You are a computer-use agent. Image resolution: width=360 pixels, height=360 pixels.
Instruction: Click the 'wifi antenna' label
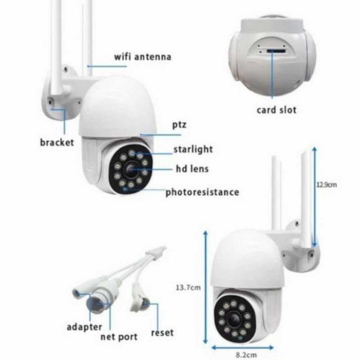click(x=142, y=57)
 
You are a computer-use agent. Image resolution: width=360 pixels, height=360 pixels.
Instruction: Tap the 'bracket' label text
click(x=56, y=143)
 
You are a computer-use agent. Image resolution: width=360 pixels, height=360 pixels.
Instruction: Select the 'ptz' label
click(x=179, y=125)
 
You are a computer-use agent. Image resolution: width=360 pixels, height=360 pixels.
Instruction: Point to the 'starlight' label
click(x=193, y=149)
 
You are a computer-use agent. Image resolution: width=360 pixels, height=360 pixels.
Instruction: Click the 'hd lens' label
click(x=192, y=170)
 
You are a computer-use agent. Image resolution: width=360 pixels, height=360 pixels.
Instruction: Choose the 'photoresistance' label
click(x=202, y=193)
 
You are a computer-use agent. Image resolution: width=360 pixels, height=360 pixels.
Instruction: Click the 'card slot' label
click(x=276, y=109)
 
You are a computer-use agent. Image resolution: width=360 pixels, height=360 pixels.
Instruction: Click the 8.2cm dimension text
click(x=243, y=354)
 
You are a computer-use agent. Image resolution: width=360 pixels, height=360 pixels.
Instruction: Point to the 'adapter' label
click(x=84, y=327)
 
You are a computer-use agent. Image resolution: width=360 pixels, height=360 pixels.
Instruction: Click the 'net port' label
click(x=119, y=337)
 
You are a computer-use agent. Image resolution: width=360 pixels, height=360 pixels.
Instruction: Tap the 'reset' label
click(x=162, y=333)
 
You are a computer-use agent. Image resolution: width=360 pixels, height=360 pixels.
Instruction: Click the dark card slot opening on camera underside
click(x=274, y=51)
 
